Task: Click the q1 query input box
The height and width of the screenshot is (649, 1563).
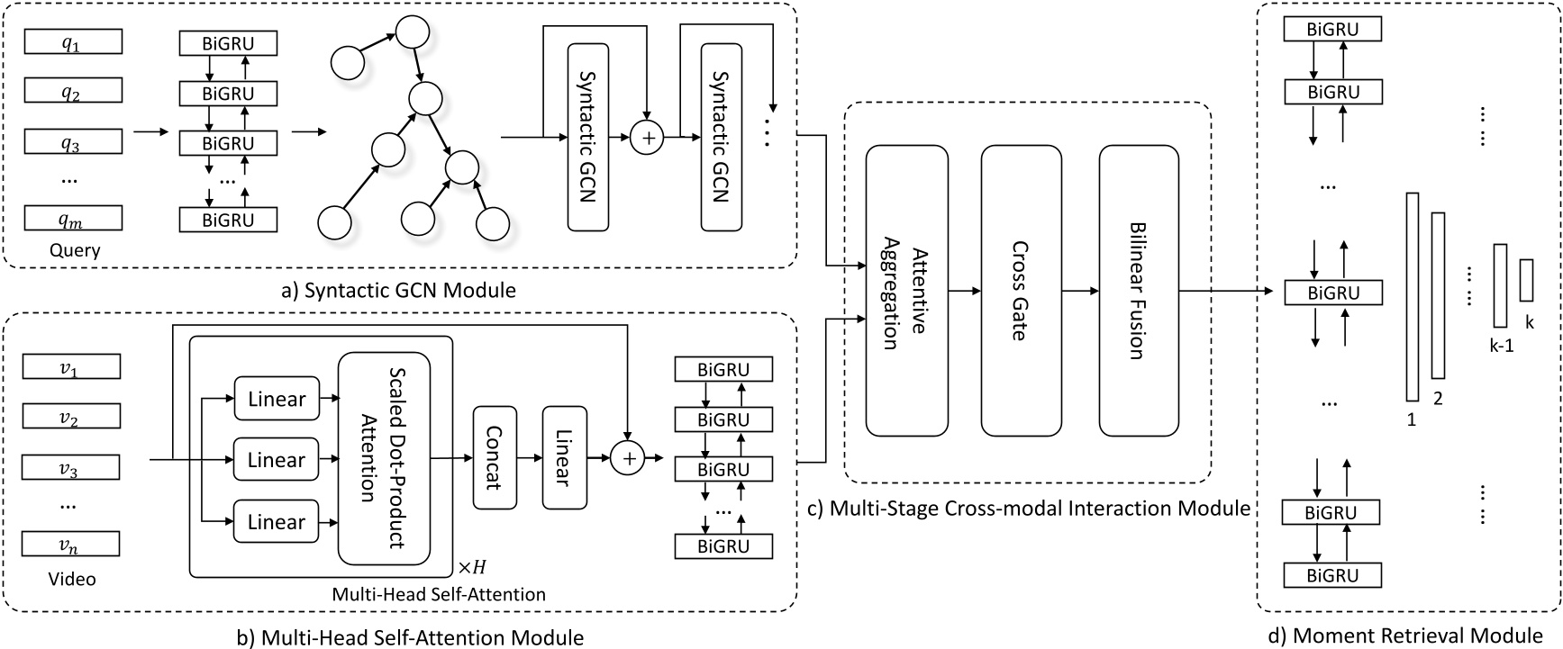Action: [x=72, y=41]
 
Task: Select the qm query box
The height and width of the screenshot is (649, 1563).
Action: [x=72, y=218]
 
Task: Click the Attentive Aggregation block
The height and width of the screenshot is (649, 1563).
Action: [x=906, y=290]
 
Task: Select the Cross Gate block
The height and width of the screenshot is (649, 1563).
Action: [x=1021, y=290]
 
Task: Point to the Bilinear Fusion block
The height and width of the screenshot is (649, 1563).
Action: [x=1139, y=290]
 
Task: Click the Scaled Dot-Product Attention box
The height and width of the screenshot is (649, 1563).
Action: [x=383, y=458]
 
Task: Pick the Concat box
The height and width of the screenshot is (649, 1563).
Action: [x=495, y=458]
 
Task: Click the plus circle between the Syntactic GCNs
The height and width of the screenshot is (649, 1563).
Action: [x=646, y=138]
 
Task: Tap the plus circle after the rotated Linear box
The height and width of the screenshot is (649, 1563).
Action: [x=629, y=459]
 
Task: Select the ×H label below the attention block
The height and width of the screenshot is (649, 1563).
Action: [x=471, y=568]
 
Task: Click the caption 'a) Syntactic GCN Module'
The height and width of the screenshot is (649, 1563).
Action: [x=398, y=291]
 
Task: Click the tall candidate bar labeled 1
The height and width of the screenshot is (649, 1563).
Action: [x=1412, y=296]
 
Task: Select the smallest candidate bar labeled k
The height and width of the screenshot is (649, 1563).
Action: [x=1526, y=280]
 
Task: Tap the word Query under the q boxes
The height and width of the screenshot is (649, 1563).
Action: [x=75, y=250]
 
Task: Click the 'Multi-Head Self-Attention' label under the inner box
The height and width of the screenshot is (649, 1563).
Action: [x=439, y=594]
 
